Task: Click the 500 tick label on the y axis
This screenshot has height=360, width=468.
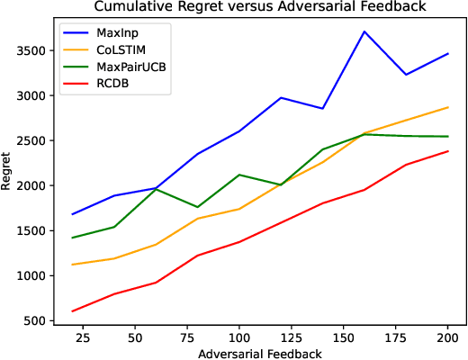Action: click(32, 321)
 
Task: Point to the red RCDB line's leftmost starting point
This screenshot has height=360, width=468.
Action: click(72, 311)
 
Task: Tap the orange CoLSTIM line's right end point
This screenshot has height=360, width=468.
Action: click(447, 107)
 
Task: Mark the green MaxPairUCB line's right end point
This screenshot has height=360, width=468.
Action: click(447, 137)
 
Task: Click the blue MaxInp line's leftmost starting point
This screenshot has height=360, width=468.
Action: click(72, 214)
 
